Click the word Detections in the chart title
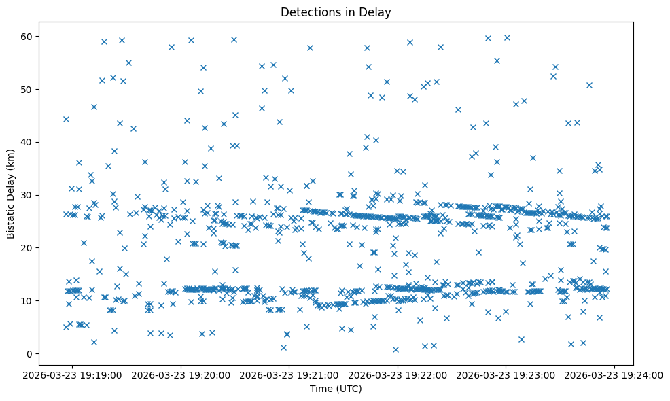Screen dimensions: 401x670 (309, 12)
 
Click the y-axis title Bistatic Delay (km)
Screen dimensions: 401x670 (11, 195)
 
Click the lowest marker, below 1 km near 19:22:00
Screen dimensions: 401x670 (395, 349)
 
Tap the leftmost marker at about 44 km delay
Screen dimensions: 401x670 (66, 119)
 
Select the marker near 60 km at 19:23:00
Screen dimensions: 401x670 (507, 37)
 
